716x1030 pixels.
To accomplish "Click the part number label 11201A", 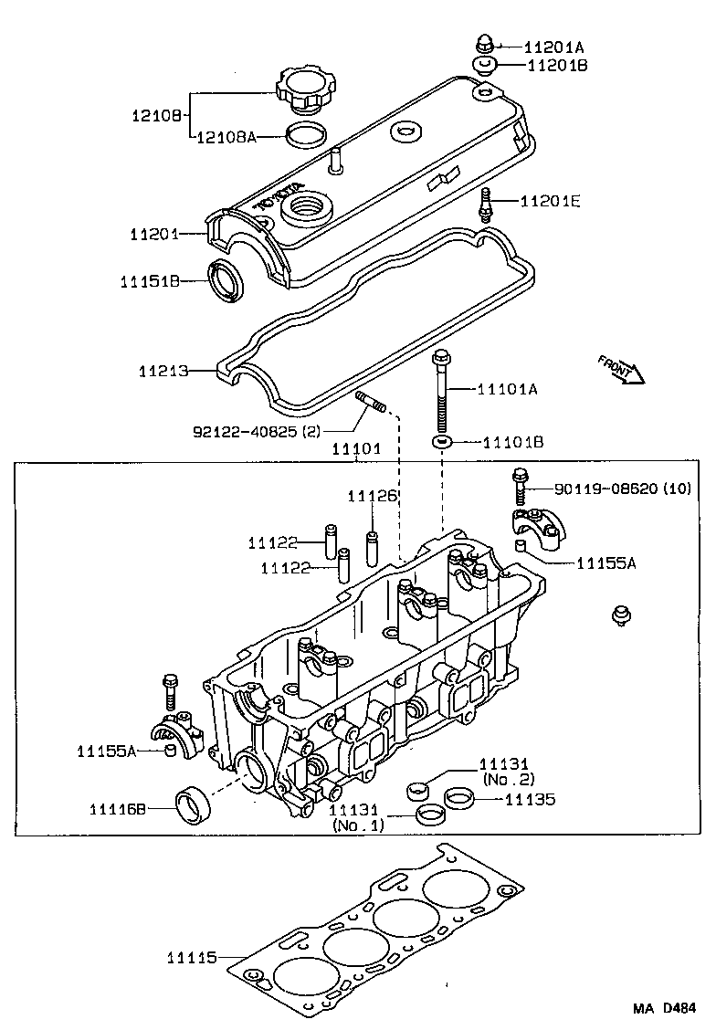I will pos(553,47).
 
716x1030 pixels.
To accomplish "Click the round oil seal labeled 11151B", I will pos(226,280).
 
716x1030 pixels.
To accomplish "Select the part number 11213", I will pos(163,372).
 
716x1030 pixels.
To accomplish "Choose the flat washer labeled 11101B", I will pos(442,443).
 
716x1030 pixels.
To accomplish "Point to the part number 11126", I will pos(372,496).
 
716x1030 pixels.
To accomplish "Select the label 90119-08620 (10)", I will pos(613,489).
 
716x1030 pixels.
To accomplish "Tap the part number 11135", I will pos(531,799).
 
